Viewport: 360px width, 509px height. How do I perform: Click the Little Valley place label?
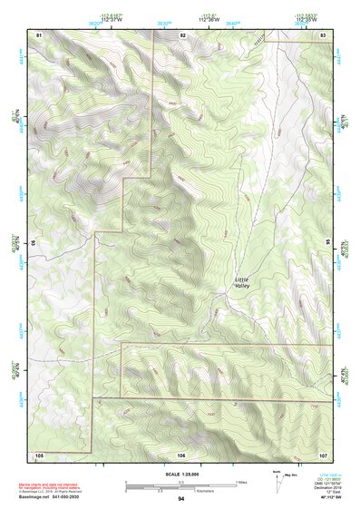(x=241, y=282)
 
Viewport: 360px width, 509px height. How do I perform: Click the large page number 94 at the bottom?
(x=181, y=499)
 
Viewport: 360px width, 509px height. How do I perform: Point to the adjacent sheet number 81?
(x=39, y=34)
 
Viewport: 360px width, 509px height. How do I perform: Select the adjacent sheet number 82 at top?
(x=182, y=34)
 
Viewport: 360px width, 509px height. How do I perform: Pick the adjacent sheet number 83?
(x=323, y=34)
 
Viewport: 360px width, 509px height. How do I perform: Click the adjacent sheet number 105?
(x=39, y=453)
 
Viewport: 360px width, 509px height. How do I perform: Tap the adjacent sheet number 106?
(x=181, y=453)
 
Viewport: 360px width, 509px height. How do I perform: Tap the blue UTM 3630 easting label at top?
(x=164, y=24)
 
